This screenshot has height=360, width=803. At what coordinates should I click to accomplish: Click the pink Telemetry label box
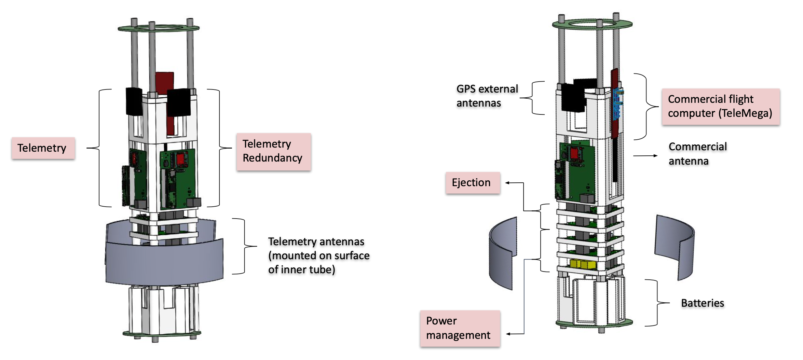pos(43,148)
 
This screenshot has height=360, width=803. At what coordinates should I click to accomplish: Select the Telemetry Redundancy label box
pos(273,151)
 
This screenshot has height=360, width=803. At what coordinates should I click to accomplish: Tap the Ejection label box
pos(473,183)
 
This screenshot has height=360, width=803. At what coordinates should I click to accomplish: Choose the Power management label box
pos(460,328)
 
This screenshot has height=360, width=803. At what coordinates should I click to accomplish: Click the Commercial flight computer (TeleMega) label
pos(720,106)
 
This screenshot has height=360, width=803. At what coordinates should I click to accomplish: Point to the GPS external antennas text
pos(487,96)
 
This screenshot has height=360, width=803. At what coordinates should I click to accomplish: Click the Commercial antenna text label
pos(697,154)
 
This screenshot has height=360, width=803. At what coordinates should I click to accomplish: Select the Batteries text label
pos(702,303)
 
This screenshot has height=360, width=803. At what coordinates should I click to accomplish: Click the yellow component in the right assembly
pos(583,264)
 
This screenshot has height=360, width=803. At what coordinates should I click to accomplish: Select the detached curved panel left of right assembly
pos(502,253)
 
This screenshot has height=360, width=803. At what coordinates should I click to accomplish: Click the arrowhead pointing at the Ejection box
pos(507,183)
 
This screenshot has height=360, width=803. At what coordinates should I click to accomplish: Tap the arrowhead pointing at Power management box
pos(508,334)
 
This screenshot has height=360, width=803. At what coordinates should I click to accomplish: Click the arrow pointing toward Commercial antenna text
pos(655,156)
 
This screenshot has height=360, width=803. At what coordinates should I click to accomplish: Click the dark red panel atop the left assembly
pos(164,82)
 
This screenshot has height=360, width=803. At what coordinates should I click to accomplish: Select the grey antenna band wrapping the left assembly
pos(164,263)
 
